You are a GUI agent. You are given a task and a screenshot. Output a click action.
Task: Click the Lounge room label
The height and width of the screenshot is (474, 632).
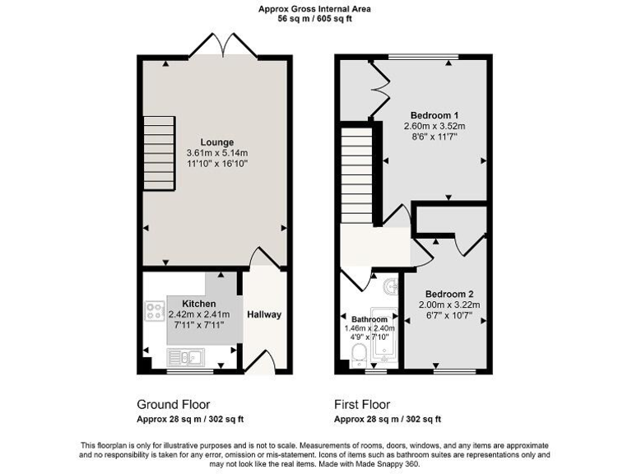pyautogui.click(x=216, y=142)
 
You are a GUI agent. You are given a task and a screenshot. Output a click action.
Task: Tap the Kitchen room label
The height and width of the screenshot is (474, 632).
pyautogui.click(x=198, y=304)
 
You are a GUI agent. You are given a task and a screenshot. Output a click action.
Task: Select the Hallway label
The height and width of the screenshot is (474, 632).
pyautogui.click(x=264, y=314)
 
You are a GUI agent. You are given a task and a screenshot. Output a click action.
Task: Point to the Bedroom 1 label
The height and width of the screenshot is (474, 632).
pyautogui.click(x=434, y=115)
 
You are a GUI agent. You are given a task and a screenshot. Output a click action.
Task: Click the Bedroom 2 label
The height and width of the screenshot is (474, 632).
pyautogui.click(x=449, y=294)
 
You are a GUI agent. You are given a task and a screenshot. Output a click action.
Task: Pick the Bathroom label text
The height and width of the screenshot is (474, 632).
pyautogui.click(x=369, y=319)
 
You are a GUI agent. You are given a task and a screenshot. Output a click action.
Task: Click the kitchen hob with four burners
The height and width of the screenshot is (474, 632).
pyautogui.click(x=154, y=311)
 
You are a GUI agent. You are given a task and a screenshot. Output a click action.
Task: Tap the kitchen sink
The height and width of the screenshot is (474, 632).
pyautogui.click(x=185, y=356)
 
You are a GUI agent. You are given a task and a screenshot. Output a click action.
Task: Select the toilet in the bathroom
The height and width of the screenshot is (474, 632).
pyautogui.click(x=359, y=354)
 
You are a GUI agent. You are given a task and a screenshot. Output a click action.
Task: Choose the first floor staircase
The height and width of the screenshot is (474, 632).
pyautogui.click(x=357, y=174)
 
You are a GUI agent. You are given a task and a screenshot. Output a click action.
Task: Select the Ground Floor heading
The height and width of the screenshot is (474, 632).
pyautogui.click(x=173, y=405)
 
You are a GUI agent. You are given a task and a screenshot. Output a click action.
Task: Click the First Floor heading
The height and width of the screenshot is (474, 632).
pyautogui.click(x=362, y=405)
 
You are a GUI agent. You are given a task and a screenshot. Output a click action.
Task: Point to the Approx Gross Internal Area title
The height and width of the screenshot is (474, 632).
pyautogui.click(x=315, y=8)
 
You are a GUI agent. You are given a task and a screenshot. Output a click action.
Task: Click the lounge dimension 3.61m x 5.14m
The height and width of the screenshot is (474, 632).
pyautogui.click(x=216, y=153)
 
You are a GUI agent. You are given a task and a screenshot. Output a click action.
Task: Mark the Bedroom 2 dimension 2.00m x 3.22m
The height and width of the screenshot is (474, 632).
pyautogui.click(x=449, y=304)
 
